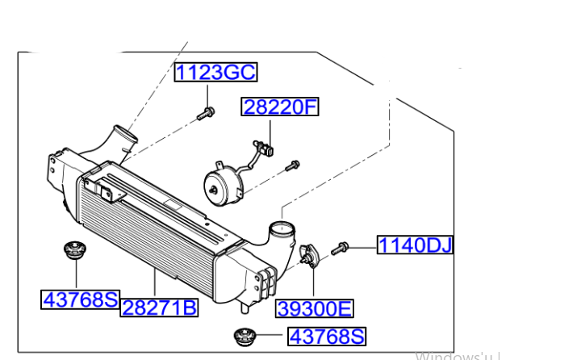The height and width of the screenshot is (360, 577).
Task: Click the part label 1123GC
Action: pos(215,73)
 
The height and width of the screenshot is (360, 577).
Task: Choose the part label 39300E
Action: pos(315,308)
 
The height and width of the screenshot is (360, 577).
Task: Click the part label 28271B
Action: pos(159,307)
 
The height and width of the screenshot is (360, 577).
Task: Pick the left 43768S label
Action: pos(80,299)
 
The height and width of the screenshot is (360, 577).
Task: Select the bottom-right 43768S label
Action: pos(326,336)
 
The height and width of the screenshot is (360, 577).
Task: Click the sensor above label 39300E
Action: pos(308,255)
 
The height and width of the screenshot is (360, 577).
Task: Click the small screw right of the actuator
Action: pos(292,166)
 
